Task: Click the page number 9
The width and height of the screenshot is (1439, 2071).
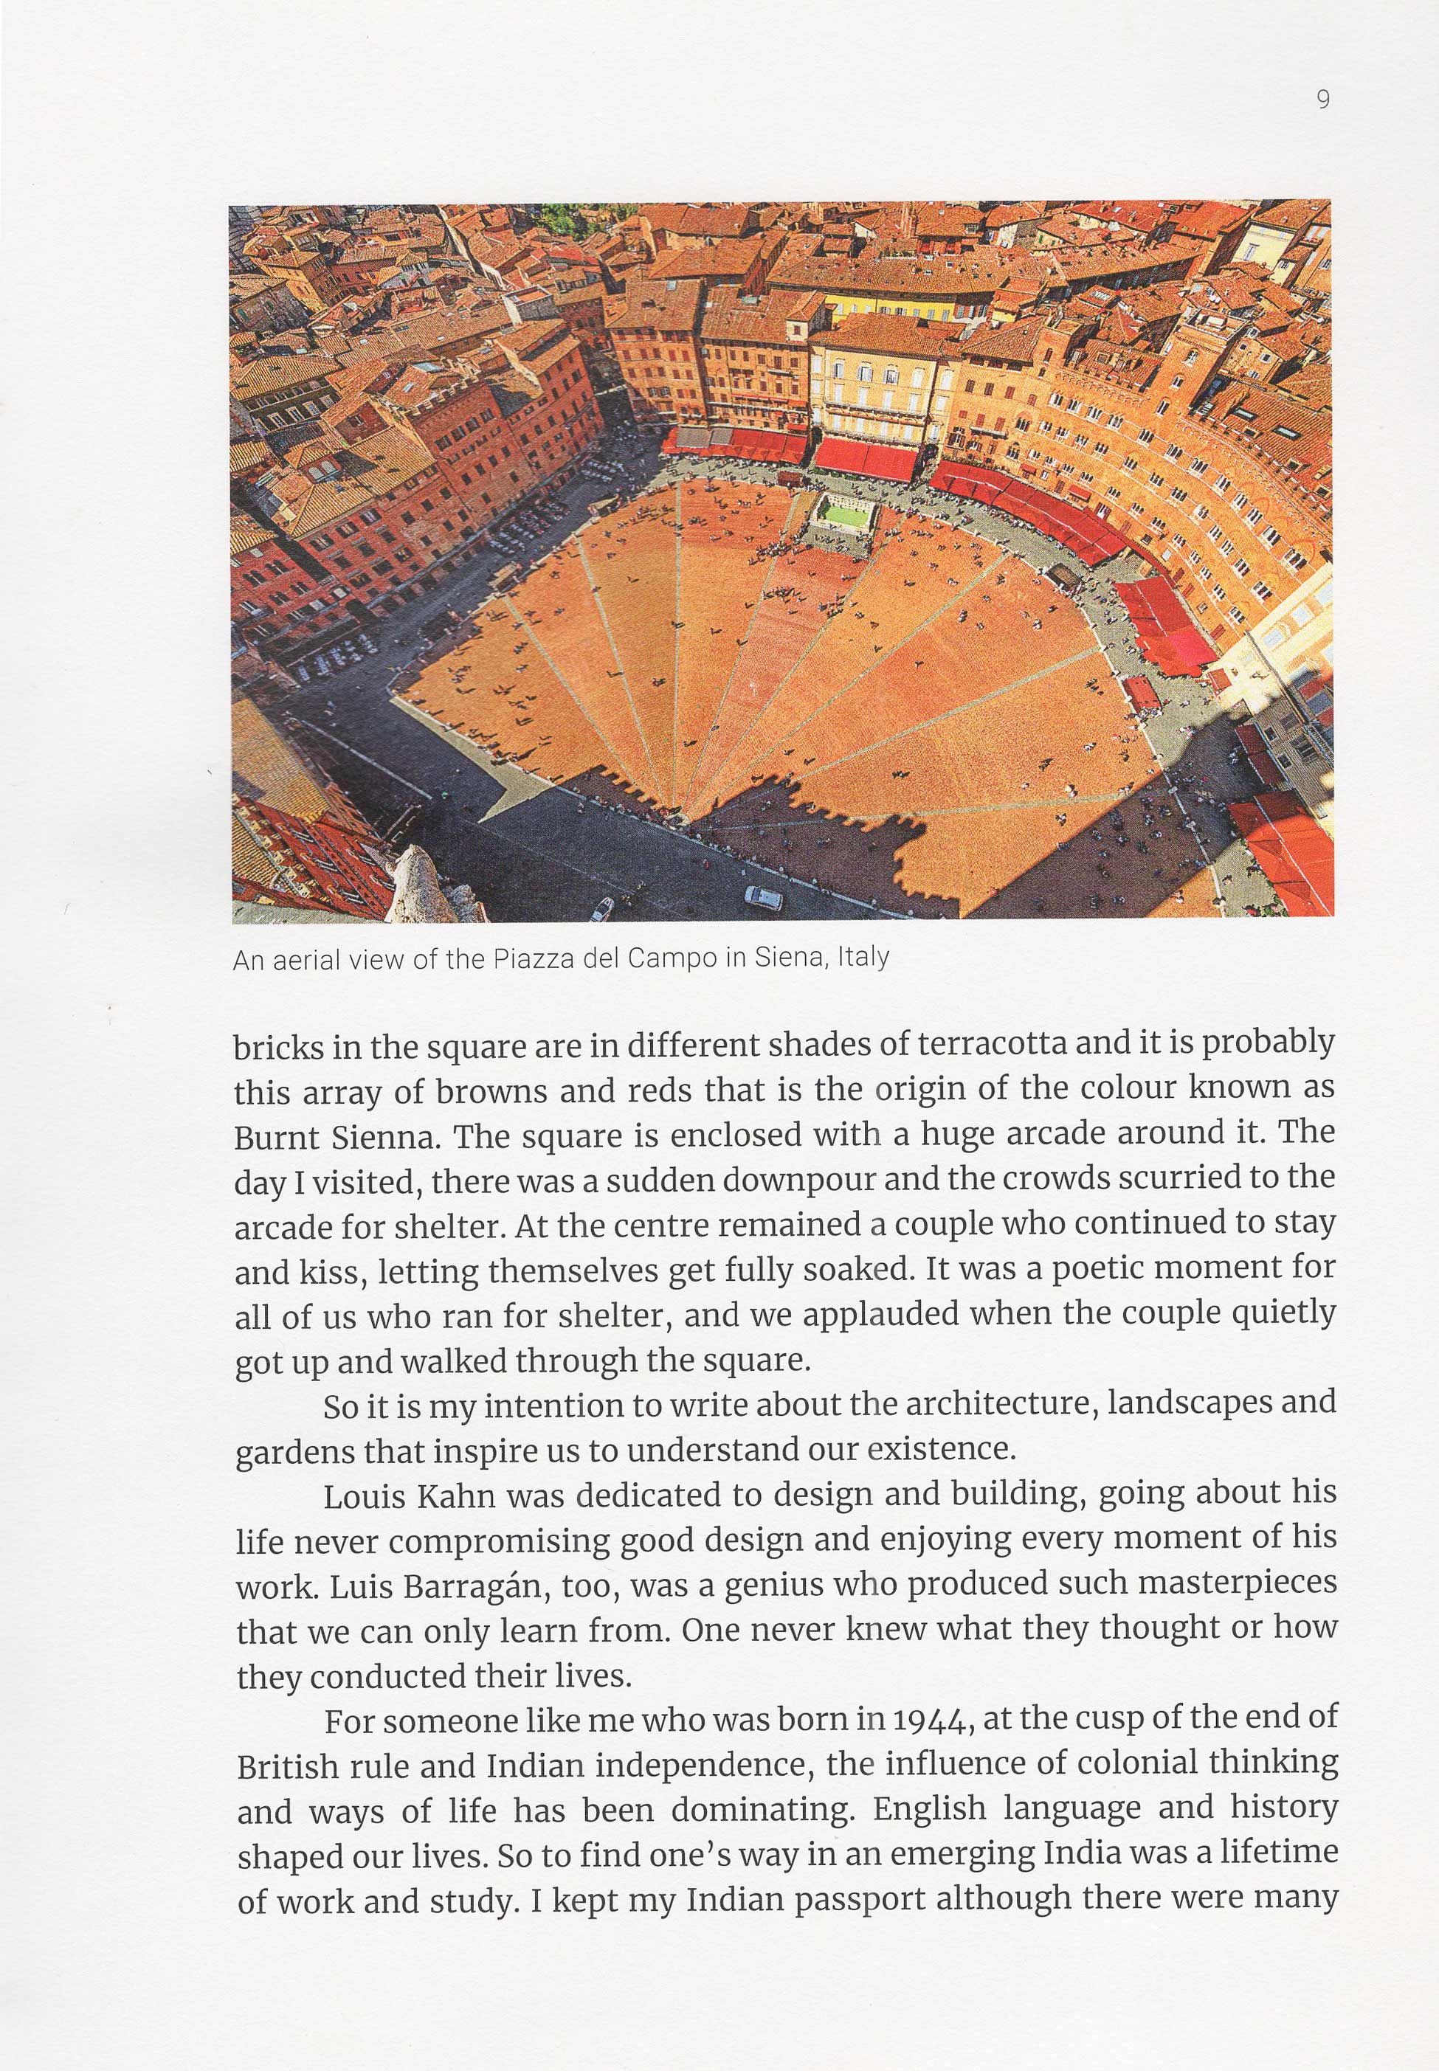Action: [1322, 99]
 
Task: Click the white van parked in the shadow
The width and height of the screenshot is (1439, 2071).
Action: [763, 898]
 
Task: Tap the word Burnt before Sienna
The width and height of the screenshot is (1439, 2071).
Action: [277, 1138]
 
